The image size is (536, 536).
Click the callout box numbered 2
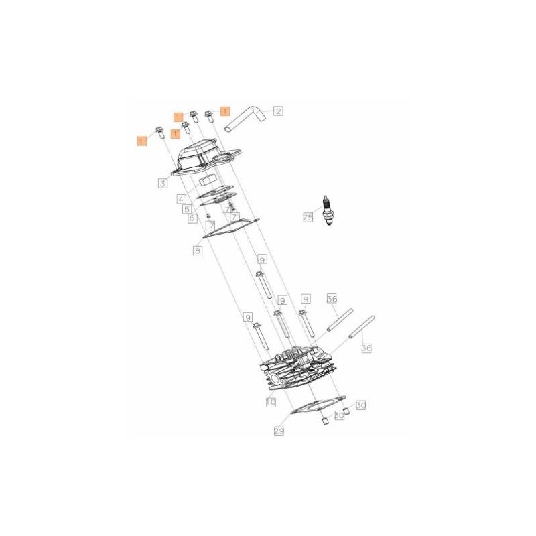pos(278,111)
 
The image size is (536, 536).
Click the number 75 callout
pos(308,218)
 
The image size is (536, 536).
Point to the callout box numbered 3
pos(163,182)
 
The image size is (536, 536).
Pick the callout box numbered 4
pos(181,199)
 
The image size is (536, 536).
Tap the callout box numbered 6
pos(192,218)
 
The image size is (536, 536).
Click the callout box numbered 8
pos(197,251)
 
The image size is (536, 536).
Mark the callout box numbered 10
pos(271,402)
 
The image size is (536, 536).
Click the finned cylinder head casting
pos(298,372)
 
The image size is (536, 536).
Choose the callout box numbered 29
pos(279,432)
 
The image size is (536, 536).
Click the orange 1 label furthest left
pos(141,140)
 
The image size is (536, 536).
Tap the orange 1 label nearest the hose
pos(224,111)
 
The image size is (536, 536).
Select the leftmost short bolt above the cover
pos(160,131)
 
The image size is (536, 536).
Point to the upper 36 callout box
pos(332,299)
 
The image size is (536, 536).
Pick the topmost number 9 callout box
pos(262,259)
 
